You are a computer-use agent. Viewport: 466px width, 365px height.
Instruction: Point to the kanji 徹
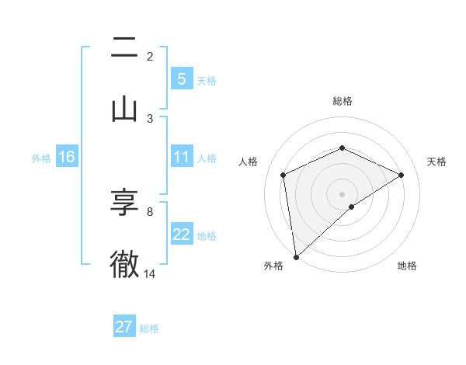(124, 264)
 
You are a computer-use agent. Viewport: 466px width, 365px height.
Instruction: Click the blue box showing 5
(181, 78)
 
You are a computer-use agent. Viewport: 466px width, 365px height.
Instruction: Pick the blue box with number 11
(181, 157)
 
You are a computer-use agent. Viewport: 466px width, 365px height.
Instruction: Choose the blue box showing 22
(181, 235)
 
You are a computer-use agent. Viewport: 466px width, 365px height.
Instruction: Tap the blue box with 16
(66, 157)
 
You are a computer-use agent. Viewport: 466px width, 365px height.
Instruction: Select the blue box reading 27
(124, 327)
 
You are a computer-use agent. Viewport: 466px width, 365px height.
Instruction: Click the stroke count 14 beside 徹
(150, 273)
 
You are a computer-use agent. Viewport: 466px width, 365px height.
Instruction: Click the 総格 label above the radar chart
(342, 102)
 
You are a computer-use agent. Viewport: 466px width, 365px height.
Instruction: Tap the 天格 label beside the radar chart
(437, 162)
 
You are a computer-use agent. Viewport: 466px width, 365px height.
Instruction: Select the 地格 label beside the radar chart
(407, 266)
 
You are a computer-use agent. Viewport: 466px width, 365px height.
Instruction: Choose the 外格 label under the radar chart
(273, 266)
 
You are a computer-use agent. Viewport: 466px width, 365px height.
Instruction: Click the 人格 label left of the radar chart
(249, 162)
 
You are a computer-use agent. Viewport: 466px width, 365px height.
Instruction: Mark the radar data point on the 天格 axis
(401, 175)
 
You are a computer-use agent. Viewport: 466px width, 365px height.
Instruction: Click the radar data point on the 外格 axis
(296, 256)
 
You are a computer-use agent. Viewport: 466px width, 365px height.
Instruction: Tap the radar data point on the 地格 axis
(352, 207)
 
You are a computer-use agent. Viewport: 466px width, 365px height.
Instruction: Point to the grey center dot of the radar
(342, 193)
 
